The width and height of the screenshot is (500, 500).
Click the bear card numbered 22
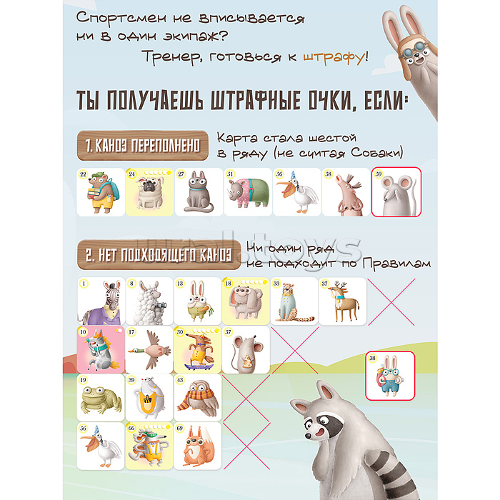tap(100, 192)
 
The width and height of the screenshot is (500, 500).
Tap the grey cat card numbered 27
tap(198, 192)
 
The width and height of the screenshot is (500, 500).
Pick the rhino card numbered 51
tap(247, 192)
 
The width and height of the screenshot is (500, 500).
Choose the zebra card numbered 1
tap(100, 301)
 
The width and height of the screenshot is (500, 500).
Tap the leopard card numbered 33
tap(294, 301)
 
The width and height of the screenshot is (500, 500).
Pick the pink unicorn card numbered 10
tap(100, 349)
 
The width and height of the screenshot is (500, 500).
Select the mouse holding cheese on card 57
tap(246, 349)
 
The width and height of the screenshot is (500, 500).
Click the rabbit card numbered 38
tap(389, 376)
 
